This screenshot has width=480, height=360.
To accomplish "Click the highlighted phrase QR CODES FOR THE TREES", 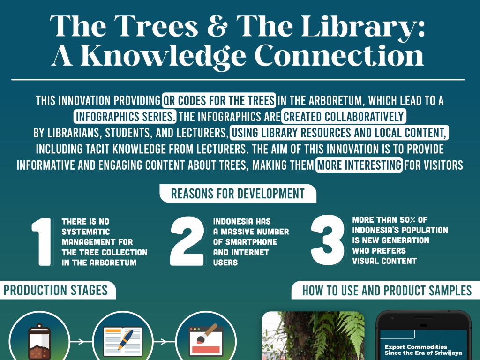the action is coord(219,100).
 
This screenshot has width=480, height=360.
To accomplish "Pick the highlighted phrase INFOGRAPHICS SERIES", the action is coord(125,117).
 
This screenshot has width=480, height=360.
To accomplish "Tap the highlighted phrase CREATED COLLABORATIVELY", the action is coord(344,117).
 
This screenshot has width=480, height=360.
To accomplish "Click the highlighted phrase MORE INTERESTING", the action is coord(359,165).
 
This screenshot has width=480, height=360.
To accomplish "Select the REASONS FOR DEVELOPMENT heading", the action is coord(238,194).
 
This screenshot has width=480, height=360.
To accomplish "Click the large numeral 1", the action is coord(42,241).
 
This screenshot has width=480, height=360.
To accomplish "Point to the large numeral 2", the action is coord(187,241).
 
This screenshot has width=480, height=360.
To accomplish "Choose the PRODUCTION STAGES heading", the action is coord(56,290).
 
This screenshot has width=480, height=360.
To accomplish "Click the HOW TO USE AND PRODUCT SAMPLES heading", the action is coord(387,290).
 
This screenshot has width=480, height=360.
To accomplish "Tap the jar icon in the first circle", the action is coord(39,342).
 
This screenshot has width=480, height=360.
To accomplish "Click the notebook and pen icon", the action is coord(123,342).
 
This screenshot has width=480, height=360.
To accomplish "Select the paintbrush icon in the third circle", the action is coord(206,340).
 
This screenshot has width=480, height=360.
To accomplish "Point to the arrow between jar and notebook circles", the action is coord(81,341).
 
